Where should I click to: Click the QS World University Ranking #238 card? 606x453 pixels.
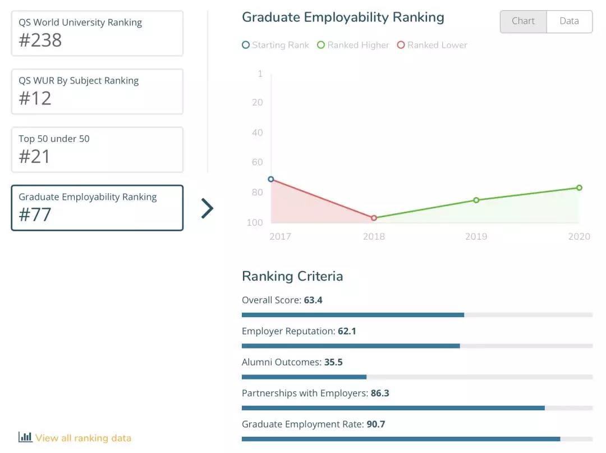[x=97, y=33]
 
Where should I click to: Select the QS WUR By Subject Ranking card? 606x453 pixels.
[x=97, y=91]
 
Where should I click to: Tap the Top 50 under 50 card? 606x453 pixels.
[x=97, y=149]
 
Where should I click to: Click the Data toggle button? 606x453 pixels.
[x=569, y=21]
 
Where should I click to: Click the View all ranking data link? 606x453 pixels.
[x=82, y=438]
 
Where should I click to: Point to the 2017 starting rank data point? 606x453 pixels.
[x=271, y=179]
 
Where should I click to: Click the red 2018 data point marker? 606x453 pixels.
[x=374, y=218]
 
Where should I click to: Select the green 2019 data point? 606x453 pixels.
[x=476, y=200]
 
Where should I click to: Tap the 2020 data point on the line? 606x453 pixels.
[x=579, y=187]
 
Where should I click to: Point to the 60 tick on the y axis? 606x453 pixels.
[x=257, y=162]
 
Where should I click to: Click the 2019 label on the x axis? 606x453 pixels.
[x=476, y=236]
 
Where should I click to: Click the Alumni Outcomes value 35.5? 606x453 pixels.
[x=333, y=362]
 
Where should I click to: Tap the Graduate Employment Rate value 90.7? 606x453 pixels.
[x=376, y=424]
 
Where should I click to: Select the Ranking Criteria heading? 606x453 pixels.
[x=292, y=276]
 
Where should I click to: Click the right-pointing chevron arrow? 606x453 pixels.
[x=208, y=208]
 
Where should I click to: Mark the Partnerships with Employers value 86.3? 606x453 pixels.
[x=380, y=393]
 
